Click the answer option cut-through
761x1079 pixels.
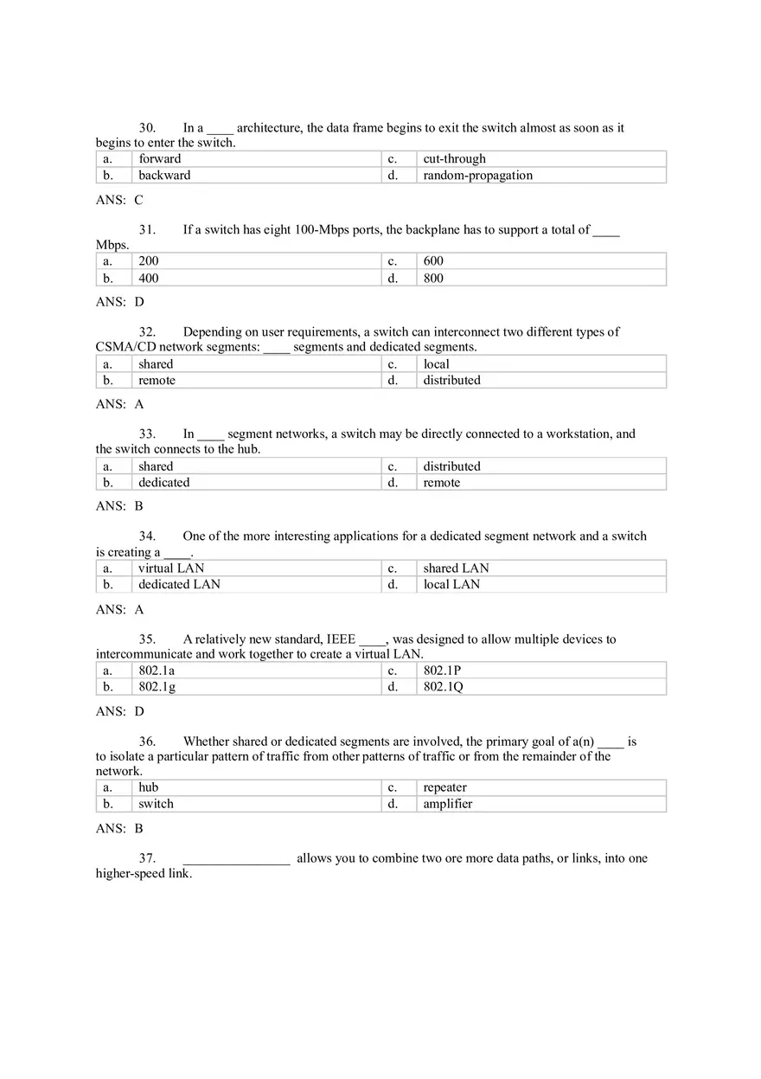point(454,159)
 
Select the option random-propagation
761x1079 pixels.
point(477,176)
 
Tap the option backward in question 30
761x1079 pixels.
point(164,176)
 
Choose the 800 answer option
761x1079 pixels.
point(433,279)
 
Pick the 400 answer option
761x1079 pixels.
point(149,279)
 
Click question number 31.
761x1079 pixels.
point(147,230)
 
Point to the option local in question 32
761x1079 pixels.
point(436,364)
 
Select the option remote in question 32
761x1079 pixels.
point(157,381)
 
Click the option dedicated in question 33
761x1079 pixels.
point(163,483)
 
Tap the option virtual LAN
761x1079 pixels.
point(171,568)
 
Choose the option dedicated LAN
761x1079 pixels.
point(179,585)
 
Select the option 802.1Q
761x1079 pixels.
point(443,687)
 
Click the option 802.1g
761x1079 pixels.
point(157,687)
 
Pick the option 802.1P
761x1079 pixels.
point(442,671)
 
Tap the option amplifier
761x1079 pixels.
point(447,804)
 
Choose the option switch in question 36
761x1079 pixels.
point(156,804)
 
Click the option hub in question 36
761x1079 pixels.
point(148,787)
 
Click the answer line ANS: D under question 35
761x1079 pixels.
point(120,711)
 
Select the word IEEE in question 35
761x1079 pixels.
point(341,639)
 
